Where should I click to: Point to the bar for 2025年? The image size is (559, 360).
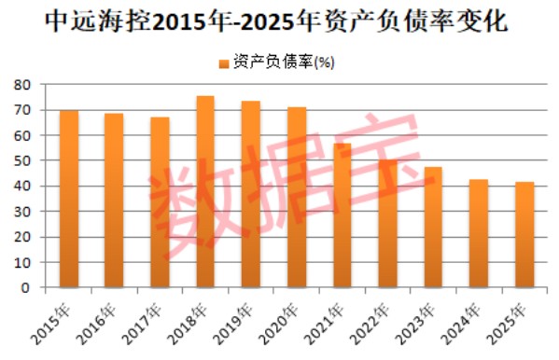pyautogui.click(x=524, y=234)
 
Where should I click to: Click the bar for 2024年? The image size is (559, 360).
pyautogui.click(x=479, y=233)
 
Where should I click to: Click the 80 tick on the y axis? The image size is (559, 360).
pyautogui.click(x=24, y=85)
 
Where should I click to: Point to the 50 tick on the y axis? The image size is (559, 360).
pyautogui.click(x=24, y=161)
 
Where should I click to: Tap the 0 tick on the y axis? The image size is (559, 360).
pyautogui.click(x=28, y=288)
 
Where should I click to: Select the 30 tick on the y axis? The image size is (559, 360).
pyautogui.click(x=24, y=212)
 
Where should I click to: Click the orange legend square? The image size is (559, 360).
pyautogui.click(x=223, y=63)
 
